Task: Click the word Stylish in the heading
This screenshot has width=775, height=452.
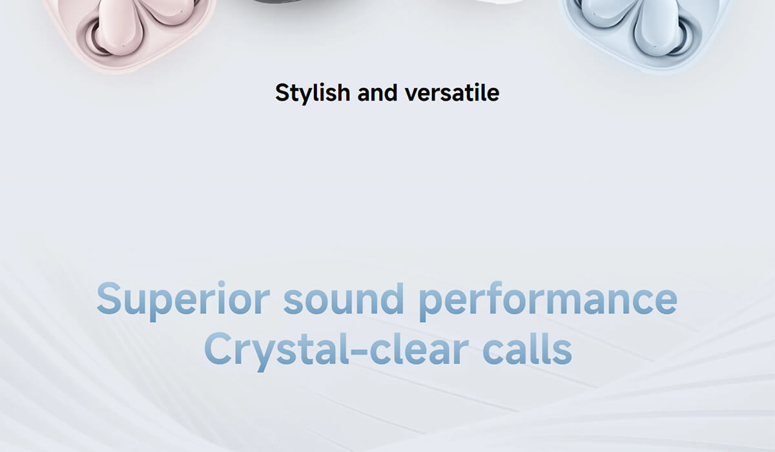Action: tap(313, 94)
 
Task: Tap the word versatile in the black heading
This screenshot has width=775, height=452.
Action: tap(452, 93)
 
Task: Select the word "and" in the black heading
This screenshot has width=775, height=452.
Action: tap(377, 93)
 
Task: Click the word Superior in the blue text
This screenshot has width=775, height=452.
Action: tap(183, 300)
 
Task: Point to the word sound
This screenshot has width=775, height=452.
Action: tap(344, 298)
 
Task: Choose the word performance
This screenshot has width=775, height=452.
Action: tap(548, 300)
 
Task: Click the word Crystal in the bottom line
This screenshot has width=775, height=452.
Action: tap(276, 350)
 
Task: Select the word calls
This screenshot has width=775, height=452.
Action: tap(527, 348)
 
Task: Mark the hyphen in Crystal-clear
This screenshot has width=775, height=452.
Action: tap(359, 352)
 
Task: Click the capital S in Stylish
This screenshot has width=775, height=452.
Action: tap(282, 93)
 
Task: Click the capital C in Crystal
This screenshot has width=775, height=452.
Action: tap(218, 348)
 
